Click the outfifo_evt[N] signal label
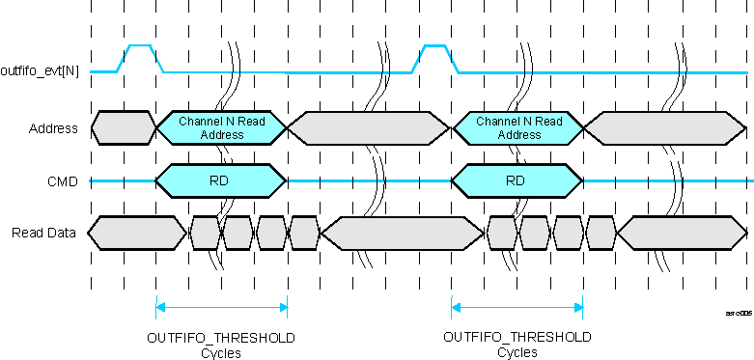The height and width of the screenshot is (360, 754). click(x=40, y=71)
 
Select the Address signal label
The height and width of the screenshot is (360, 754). click(x=53, y=128)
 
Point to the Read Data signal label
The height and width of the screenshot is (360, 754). click(x=43, y=233)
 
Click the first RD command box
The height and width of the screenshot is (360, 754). click(x=222, y=180)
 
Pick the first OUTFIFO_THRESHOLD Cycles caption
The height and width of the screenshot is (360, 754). click(x=221, y=345)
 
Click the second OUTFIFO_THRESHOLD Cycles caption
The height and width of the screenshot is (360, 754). click(x=517, y=345)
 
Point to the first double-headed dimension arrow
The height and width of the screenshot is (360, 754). click(x=222, y=308)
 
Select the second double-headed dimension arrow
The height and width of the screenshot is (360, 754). click(x=518, y=308)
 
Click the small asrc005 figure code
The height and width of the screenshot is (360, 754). click(x=738, y=314)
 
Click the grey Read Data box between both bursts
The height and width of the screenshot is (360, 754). click(x=402, y=233)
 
